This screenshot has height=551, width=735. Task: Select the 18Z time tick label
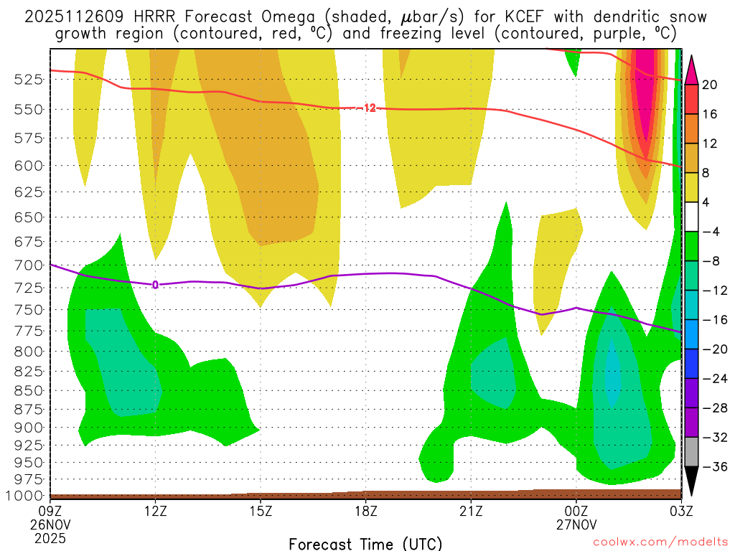coord(365,511)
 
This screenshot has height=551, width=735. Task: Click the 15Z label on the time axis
coord(261,511)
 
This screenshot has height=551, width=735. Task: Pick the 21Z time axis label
coord(471,511)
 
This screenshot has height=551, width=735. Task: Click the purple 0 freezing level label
coord(155,285)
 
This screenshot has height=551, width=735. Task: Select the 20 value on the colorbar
coord(710,85)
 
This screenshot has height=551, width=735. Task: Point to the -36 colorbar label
coord(713,466)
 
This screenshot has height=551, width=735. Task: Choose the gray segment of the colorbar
coord(692,452)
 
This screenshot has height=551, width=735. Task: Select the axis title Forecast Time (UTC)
coord(365,543)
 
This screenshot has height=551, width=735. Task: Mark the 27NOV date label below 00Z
coord(576,524)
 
